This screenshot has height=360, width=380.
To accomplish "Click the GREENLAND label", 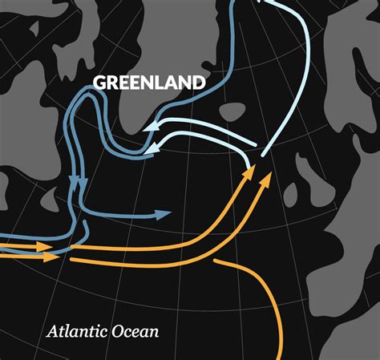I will tap(149, 83).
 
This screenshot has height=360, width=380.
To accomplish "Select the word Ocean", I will tap(134, 331).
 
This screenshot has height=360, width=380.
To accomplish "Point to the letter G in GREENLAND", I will tap(99, 83).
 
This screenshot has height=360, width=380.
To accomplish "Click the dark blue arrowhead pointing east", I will tap(164, 214).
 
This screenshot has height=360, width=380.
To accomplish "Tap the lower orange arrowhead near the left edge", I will tap(50, 257).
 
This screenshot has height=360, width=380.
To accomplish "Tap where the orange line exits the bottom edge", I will tap(281, 357).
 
